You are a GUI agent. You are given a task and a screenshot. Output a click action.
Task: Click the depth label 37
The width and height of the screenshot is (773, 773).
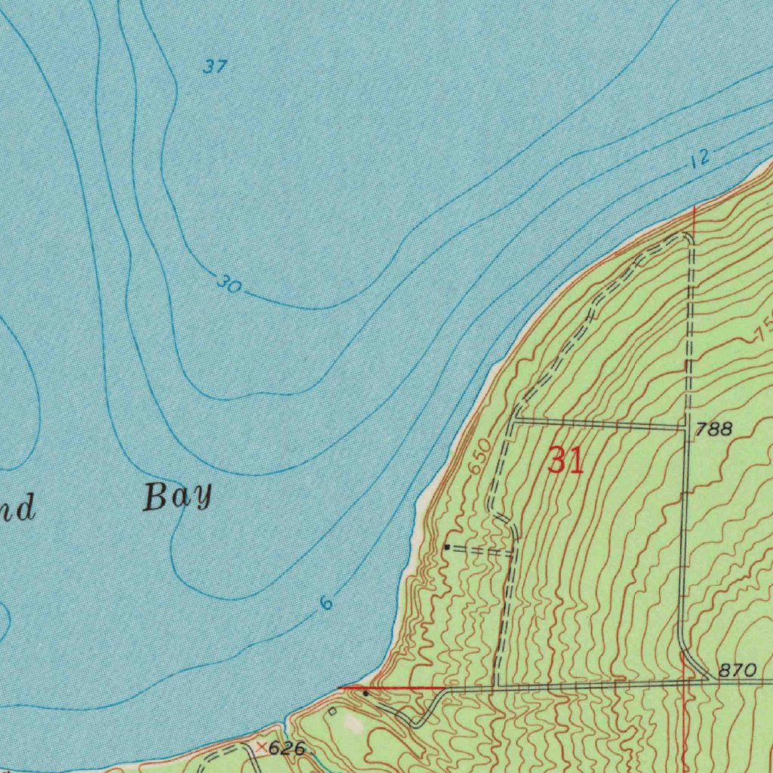click(x=214, y=67)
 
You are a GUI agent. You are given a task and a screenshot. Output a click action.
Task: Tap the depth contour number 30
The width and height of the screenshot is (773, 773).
click(x=229, y=285)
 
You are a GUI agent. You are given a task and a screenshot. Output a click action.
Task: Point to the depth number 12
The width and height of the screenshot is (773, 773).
click(x=700, y=159)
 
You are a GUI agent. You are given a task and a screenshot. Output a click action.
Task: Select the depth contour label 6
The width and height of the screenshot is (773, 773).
click(x=325, y=602)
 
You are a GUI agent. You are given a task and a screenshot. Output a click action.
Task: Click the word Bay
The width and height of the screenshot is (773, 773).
click(x=177, y=498)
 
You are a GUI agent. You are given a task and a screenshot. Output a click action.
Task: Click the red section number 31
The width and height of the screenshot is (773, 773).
click(x=565, y=460)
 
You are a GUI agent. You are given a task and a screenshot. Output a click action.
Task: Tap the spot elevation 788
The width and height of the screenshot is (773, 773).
click(x=713, y=430)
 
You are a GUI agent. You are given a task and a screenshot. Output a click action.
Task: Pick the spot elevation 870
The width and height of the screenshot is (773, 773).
click(x=736, y=670)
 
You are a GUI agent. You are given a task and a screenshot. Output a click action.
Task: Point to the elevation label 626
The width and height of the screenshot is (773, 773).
click(x=287, y=749)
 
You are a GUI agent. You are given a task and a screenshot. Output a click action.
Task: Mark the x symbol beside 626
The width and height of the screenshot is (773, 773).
click(x=261, y=747)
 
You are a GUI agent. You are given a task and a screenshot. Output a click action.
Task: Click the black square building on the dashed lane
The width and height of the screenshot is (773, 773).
click(x=447, y=547)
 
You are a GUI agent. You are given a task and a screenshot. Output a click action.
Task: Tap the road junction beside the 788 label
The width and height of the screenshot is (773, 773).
click(x=686, y=428)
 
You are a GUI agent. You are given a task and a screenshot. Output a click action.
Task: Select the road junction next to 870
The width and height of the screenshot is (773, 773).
click(x=707, y=679)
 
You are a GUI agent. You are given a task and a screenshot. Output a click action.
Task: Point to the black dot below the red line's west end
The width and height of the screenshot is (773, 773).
click(x=366, y=693)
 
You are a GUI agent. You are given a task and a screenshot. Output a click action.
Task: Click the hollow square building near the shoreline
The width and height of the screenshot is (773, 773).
click(x=331, y=711)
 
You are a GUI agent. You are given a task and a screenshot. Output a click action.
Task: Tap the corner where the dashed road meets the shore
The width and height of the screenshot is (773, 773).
click(x=686, y=236)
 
